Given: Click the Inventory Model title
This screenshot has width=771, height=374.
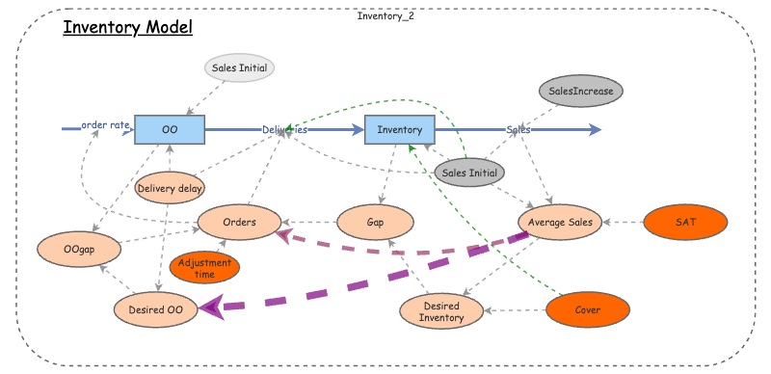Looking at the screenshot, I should [x=128, y=26].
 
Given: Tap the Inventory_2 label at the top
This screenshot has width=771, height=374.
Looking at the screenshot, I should [x=385, y=15].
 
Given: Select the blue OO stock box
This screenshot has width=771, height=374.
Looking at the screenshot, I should [x=170, y=128].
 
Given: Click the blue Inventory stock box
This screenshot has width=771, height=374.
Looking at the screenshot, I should [x=399, y=128].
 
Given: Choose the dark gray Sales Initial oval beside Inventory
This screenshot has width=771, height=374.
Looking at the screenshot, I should [x=469, y=174].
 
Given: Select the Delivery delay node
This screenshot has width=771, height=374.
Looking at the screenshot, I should [x=170, y=188].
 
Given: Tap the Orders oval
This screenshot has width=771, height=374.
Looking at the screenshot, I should [x=239, y=222].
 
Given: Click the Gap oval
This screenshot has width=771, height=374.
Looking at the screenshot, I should [x=376, y=222].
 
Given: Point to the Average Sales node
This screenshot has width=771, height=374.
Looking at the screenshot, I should [x=560, y=222].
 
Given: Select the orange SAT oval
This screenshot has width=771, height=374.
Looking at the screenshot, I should [x=685, y=222].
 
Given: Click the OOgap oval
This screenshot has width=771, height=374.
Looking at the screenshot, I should [x=80, y=249].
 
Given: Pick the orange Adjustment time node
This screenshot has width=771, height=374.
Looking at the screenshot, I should [x=204, y=268].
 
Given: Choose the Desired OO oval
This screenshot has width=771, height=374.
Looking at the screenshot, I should [x=155, y=308].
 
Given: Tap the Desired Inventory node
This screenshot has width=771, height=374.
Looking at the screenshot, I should [x=439, y=310].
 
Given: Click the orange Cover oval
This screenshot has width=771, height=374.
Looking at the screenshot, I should [x=588, y=310].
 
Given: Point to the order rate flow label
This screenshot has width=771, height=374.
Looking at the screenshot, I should [x=105, y=125].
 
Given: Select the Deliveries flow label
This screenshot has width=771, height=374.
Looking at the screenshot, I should [x=285, y=128].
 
